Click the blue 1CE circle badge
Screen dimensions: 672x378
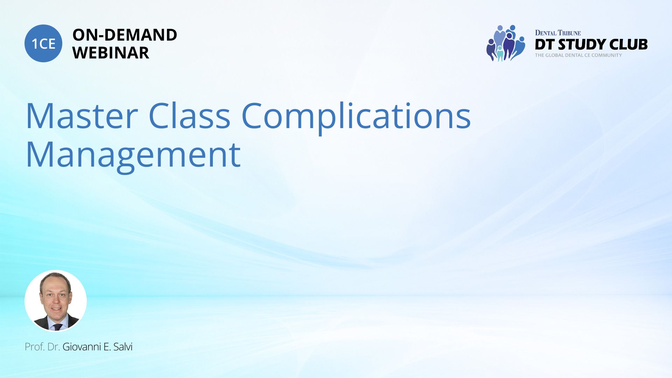pos(43,43)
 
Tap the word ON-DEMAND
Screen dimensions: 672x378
pos(125,35)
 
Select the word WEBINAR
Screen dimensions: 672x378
pos(111,53)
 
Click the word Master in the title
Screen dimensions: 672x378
pos(82,116)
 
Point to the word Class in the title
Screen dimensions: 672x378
pos(189,115)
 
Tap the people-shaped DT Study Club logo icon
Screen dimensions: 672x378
pos(506,43)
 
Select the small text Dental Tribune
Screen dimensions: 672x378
pos(558,33)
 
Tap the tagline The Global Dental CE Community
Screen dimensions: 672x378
pos(579,55)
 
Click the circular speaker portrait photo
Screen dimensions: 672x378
pos(56,301)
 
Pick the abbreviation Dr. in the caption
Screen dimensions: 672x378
pos(54,347)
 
